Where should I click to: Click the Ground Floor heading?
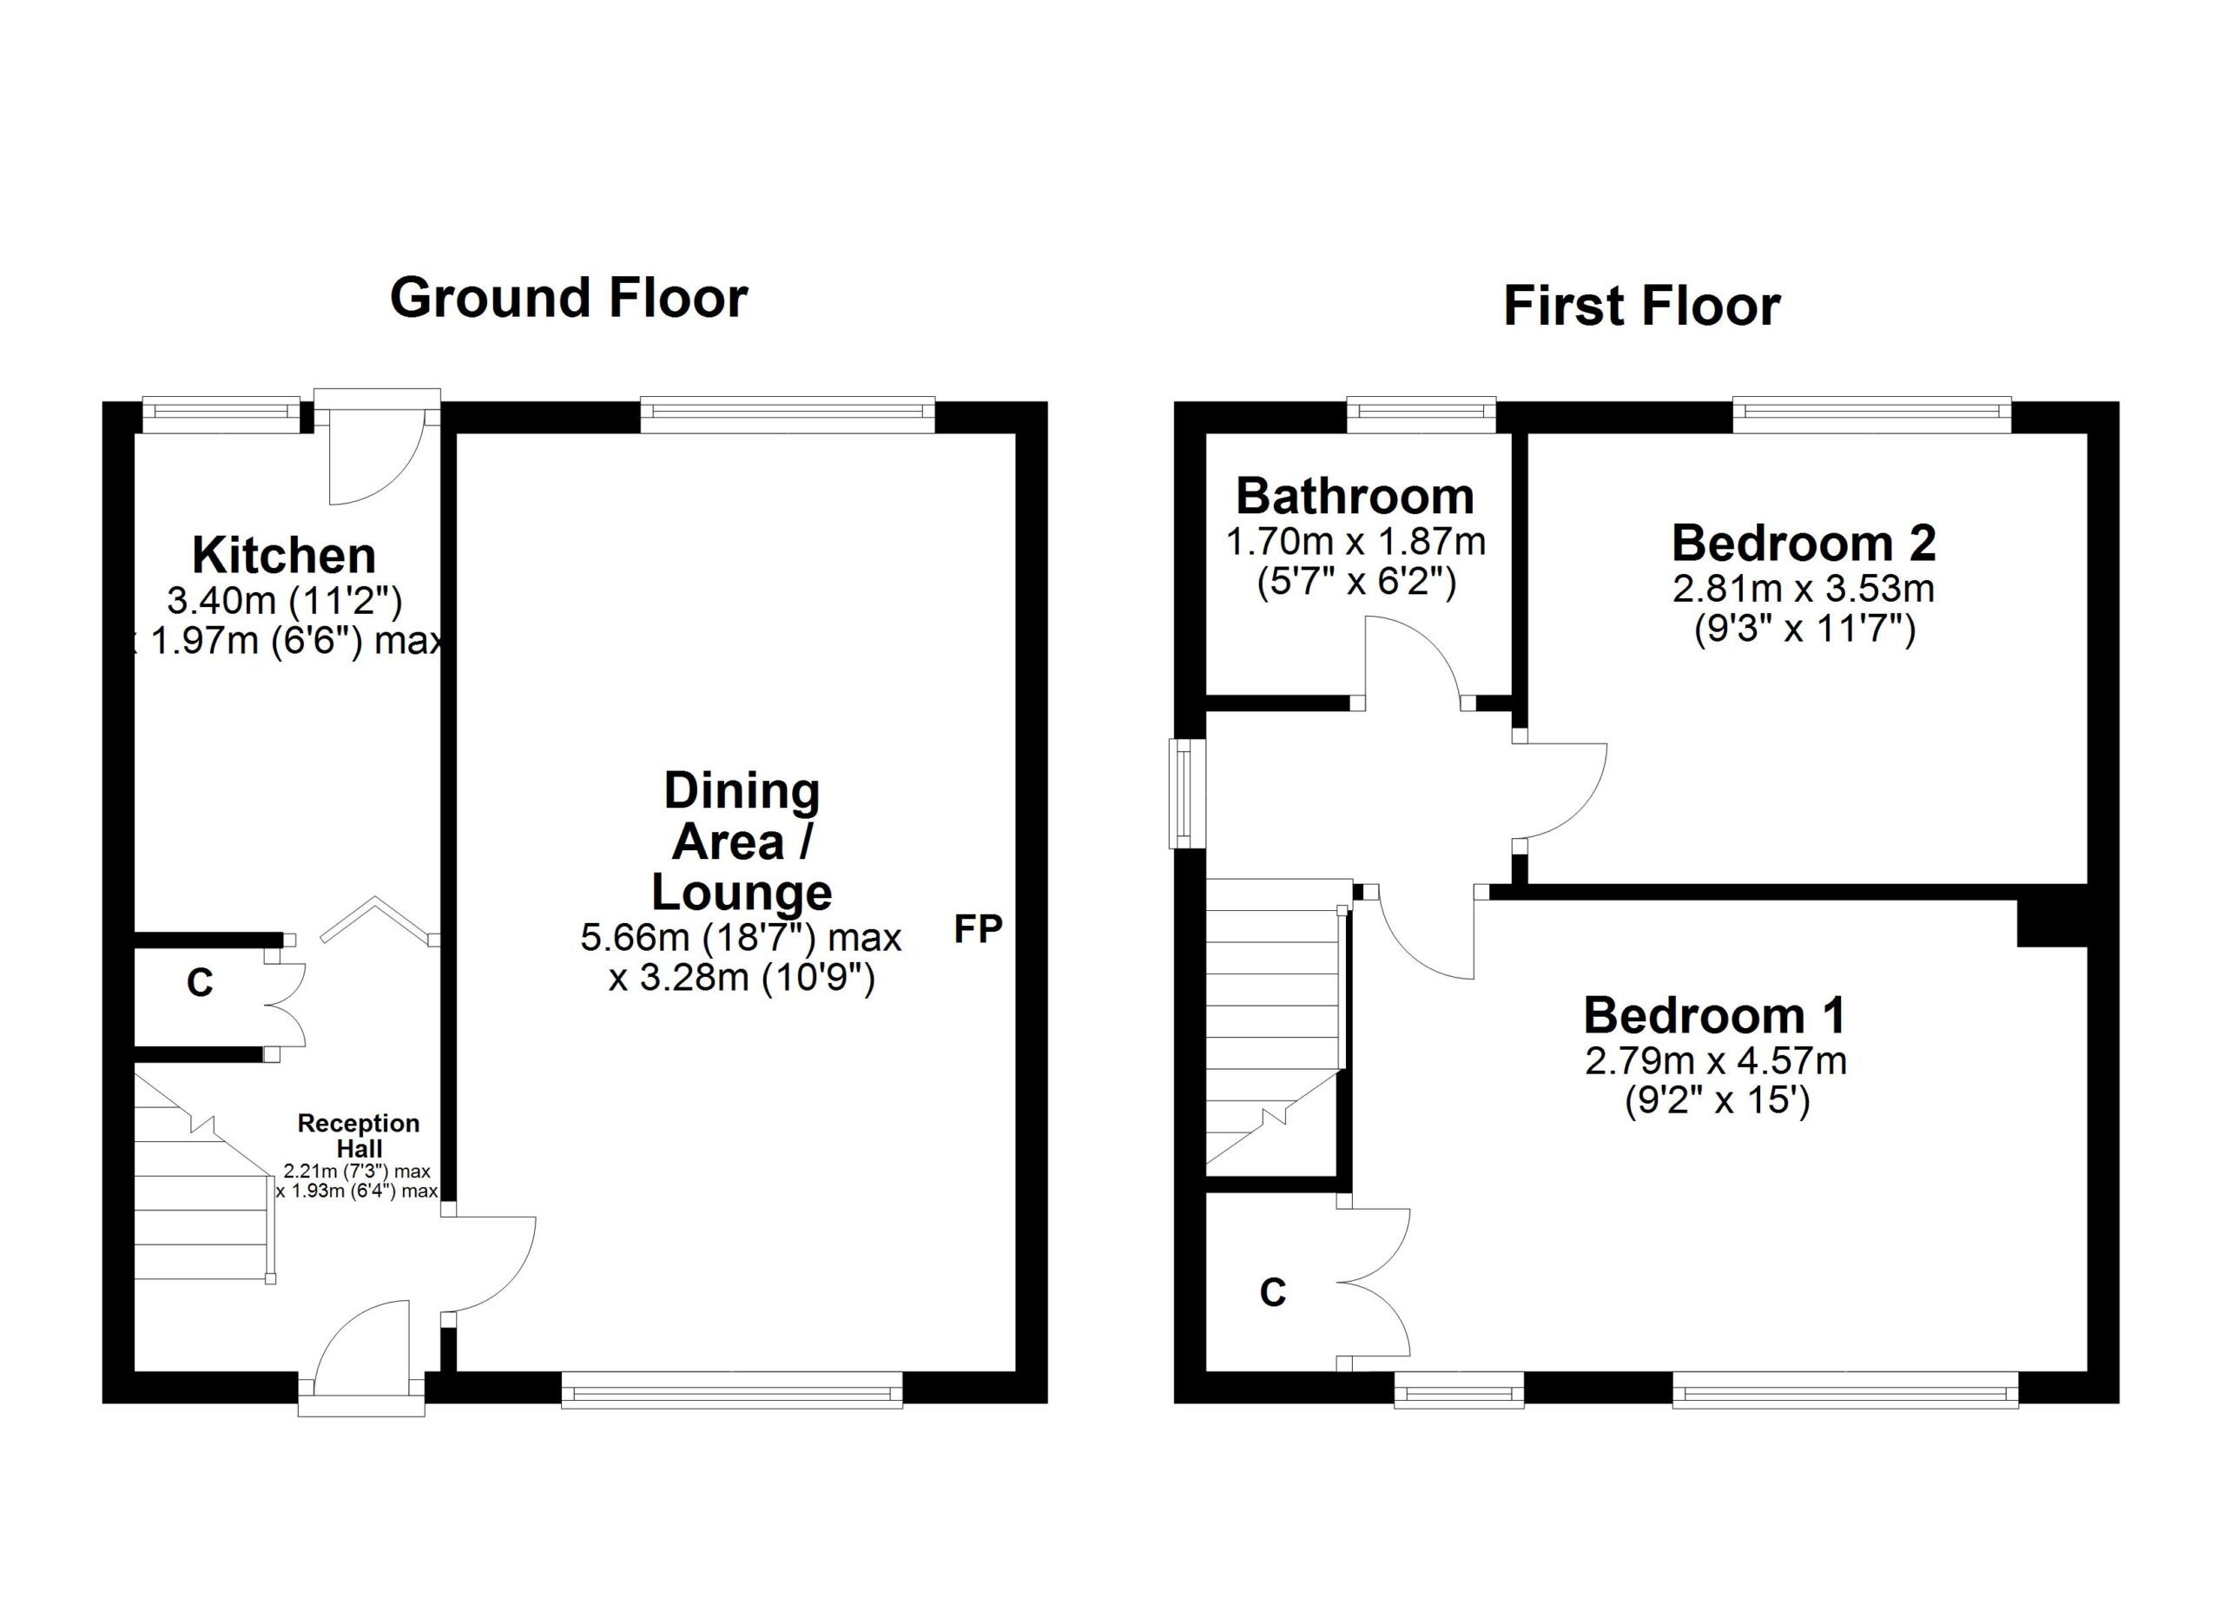coord(569,298)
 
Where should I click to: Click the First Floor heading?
coord(1641,306)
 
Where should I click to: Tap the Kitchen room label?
coord(284,556)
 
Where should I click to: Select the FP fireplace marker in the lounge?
coord(977,929)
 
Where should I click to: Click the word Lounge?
coord(741,893)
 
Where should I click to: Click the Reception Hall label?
coord(358,1135)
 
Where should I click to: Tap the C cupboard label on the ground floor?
coord(200,982)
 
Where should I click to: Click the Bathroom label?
coord(1355,497)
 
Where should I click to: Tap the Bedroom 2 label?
coord(1804,544)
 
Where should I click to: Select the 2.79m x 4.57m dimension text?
coord(1715,1062)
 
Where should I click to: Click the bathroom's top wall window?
coord(1422,414)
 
